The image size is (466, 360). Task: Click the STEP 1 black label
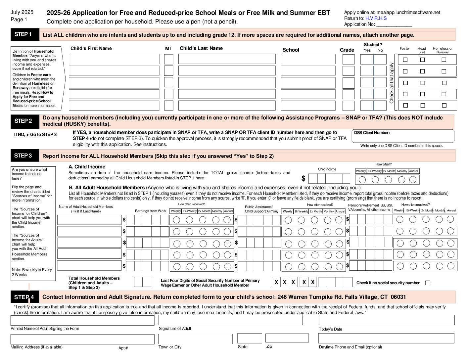click(23, 34)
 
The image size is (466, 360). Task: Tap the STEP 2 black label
click(23, 121)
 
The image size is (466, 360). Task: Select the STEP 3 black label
click(23, 156)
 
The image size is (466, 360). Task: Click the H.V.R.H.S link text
click(376, 18)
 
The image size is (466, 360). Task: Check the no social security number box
click(428, 283)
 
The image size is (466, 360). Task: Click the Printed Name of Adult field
click(82, 320)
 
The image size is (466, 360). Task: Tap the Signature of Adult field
click(230, 320)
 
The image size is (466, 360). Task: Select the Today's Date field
click(387, 320)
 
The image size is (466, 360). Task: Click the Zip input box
click(287, 338)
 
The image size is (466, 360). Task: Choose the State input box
click(250, 338)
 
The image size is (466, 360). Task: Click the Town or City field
click(195, 339)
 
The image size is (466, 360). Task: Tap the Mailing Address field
click(82, 339)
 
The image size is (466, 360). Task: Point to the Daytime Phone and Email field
click(386, 338)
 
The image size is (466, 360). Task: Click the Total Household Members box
click(143, 282)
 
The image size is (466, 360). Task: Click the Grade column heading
click(347, 50)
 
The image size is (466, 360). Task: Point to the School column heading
click(291, 50)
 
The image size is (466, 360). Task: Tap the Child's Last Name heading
click(201, 48)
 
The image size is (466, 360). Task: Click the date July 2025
click(22, 12)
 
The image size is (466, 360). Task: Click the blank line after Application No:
click(394, 24)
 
